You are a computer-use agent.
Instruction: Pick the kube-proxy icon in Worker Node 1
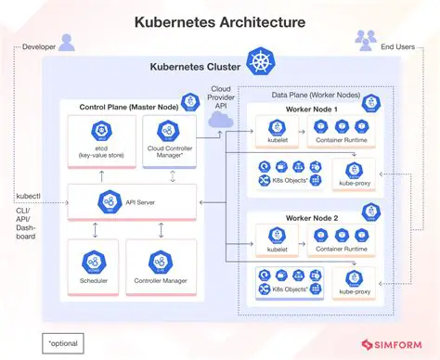pyautogui.click(x=354, y=168)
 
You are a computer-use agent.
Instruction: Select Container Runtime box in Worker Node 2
pyautogui.click(x=342, y=243)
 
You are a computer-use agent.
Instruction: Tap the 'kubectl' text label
pyautogui.click(x=29, y=197)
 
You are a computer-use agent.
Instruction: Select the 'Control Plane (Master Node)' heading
pyautogui.click(x=124, y=108)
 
